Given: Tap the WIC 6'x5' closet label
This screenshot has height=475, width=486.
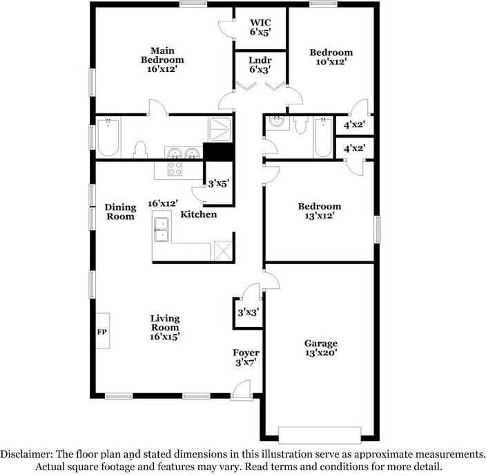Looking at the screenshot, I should (260, 27).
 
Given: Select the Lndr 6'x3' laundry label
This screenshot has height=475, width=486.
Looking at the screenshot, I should (260, 64).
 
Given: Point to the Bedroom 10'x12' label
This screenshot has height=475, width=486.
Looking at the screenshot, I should (331, 57).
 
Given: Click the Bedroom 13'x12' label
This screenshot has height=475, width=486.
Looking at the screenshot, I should (319, 211).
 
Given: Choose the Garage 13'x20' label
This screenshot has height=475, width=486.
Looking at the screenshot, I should (321, 348).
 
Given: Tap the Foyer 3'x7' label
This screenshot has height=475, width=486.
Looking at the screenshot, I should (245, 357).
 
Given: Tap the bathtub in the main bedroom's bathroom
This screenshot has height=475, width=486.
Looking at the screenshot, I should (108, 138).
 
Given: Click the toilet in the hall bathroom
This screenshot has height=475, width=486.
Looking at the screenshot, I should (300, 126).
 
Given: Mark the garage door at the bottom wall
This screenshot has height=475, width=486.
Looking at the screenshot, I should (319, 434).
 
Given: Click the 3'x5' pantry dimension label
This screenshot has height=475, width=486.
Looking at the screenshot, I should (218, 184).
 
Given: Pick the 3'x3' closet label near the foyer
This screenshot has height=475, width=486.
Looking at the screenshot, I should (246, 313).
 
